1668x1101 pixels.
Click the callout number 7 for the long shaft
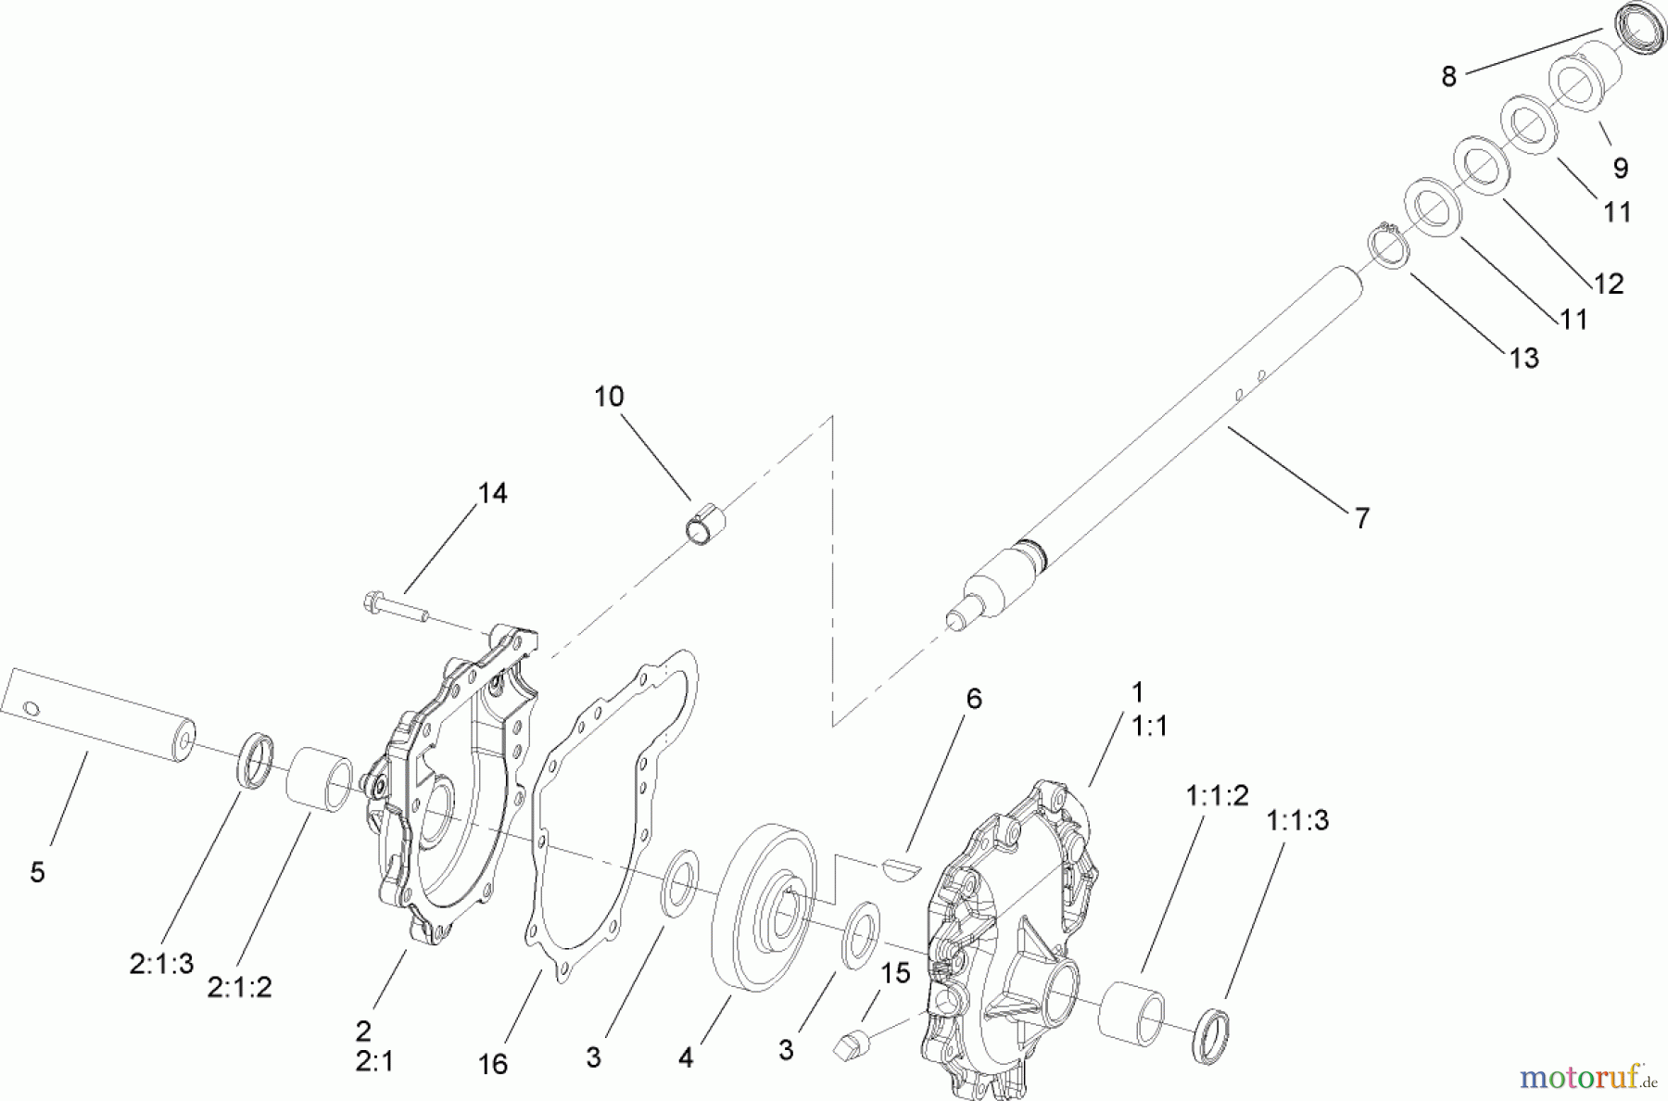(1361, 518)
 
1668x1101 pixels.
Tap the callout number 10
(609, 397)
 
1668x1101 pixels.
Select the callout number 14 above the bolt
(492, 493)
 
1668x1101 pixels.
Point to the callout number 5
(37, 872)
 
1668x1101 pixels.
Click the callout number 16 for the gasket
(493, 1064)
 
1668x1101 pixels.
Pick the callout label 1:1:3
(1297, 820)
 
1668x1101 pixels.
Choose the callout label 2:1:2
(239, 987)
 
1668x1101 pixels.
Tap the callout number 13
(1524, 358)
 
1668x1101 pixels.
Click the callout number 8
(1449, 76)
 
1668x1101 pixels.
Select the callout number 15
(895, 973)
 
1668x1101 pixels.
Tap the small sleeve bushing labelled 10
(705, 525)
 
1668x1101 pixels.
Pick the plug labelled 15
(851, 1044)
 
